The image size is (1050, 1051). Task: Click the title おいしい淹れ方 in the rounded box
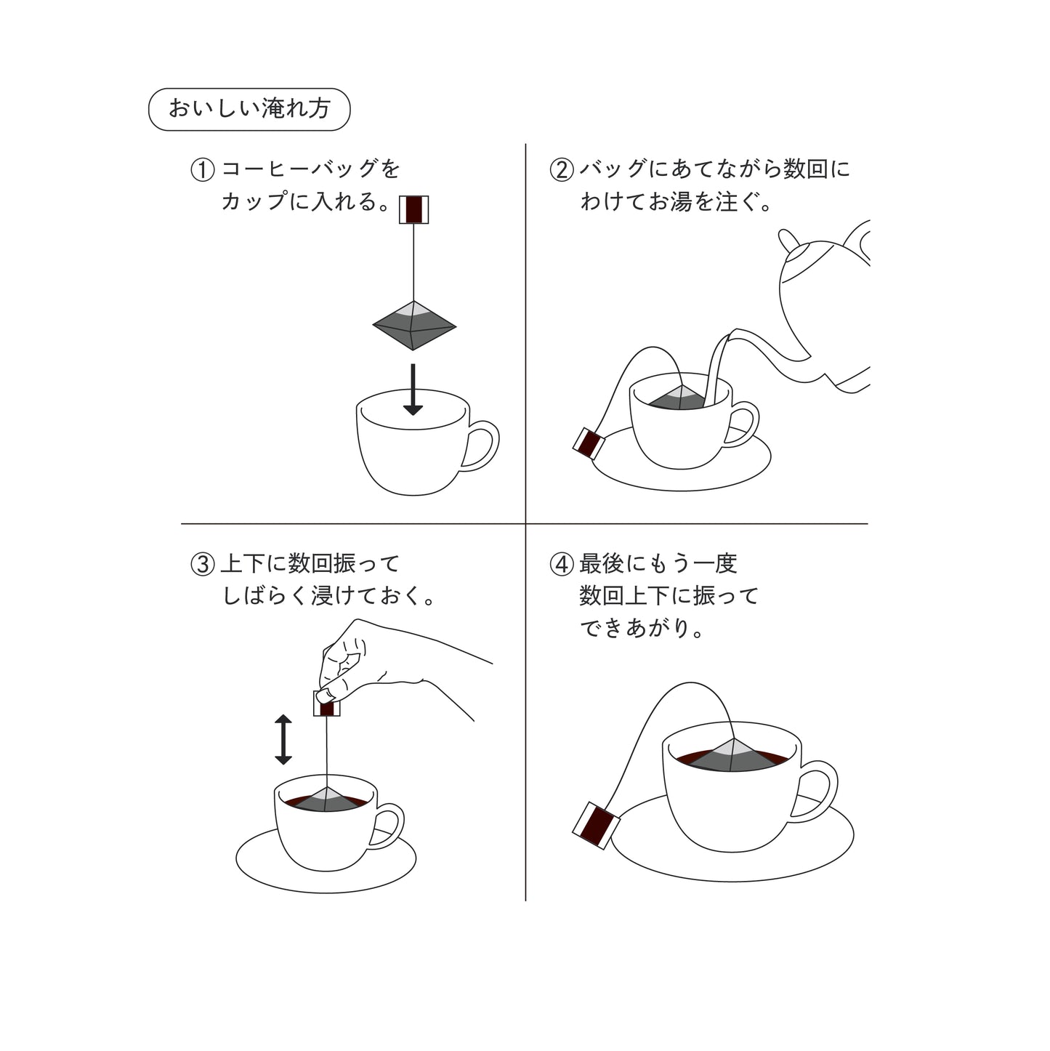point(249,109)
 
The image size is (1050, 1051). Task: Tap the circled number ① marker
point(203,170)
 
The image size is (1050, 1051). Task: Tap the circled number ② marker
point(562,170)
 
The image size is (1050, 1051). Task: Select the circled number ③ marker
point(203,565)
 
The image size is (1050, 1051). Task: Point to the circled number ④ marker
point(562,565)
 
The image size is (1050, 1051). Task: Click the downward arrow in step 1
point(413,390)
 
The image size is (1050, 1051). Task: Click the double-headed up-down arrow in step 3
point(283,739)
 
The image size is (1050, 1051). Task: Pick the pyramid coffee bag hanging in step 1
point(414,326)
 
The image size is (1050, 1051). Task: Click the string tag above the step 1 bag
point(413,209)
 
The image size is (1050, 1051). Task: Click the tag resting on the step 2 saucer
point(589,443)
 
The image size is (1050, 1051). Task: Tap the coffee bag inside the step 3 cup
point(327,800)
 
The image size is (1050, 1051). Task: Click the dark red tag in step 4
point(596,826)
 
